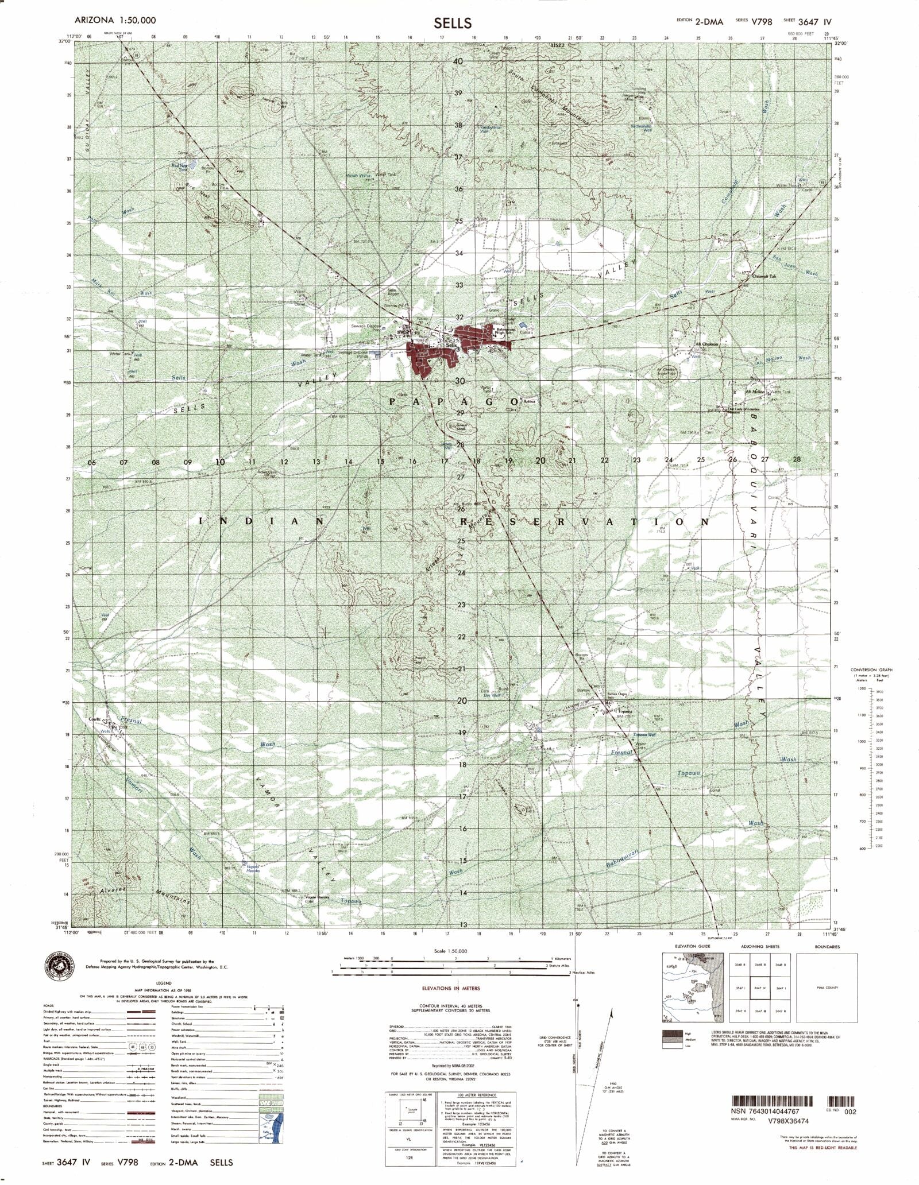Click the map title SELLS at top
click(x=453, y=23)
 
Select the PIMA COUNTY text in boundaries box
click(x=835, y=987)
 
